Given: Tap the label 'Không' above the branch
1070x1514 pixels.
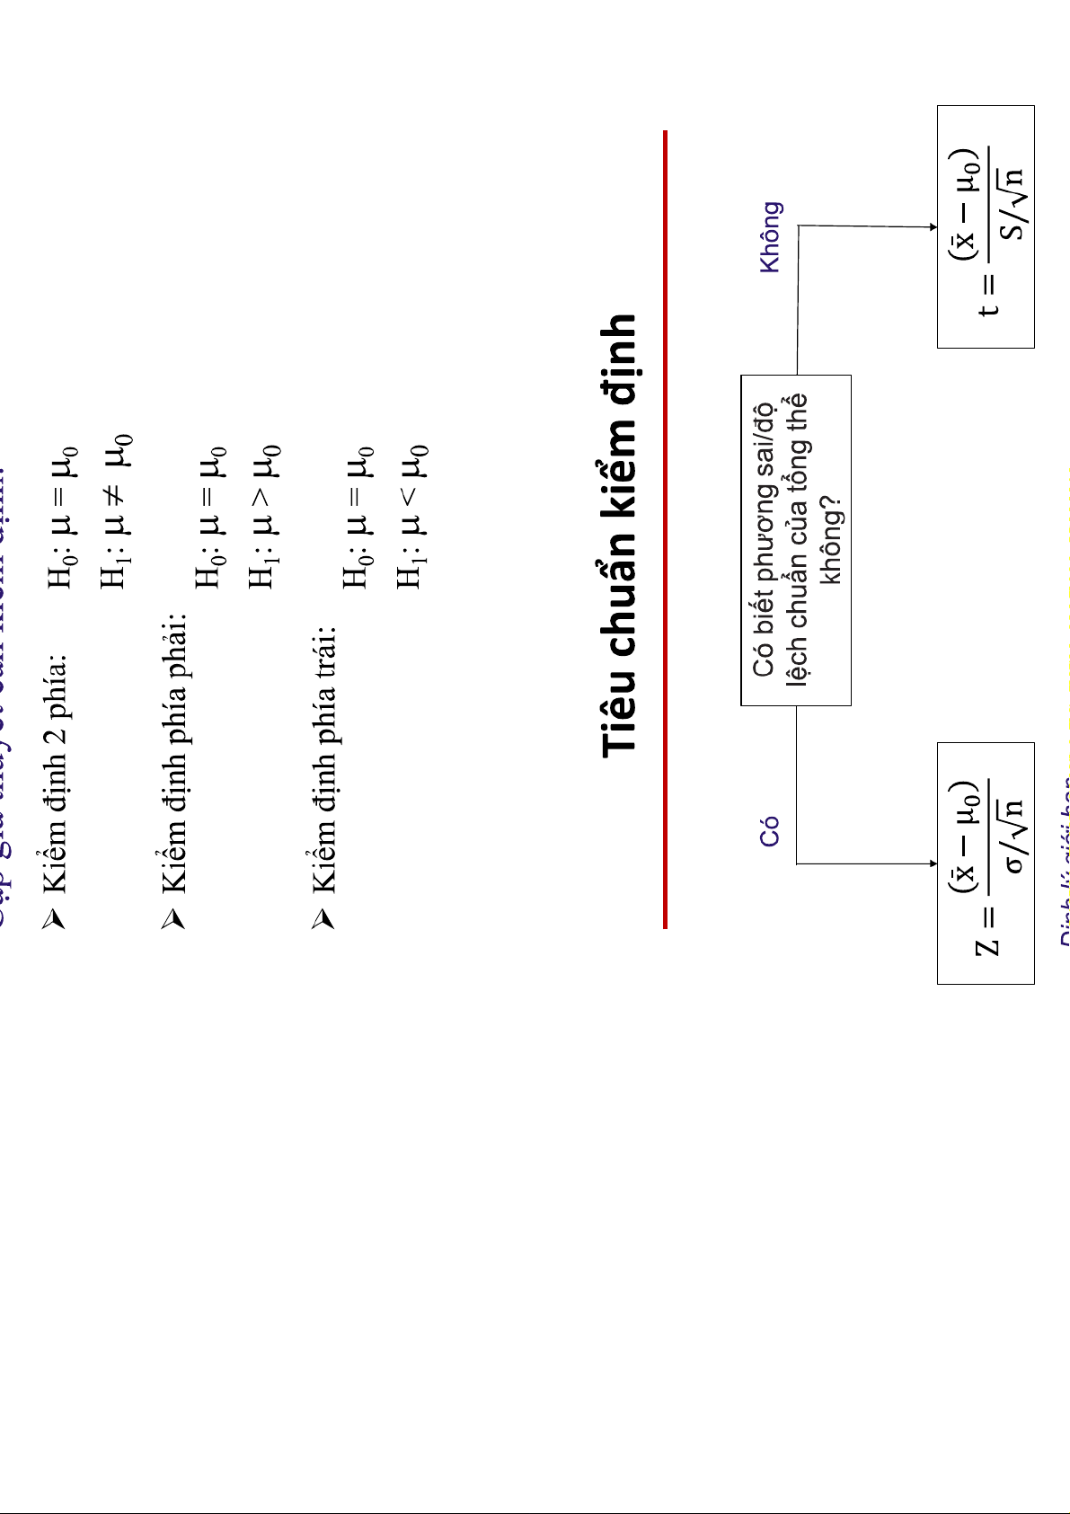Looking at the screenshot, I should pos(771,237).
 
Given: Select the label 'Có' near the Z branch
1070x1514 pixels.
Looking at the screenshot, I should pos(770,832).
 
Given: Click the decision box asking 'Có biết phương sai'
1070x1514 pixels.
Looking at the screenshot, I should pos(795,540).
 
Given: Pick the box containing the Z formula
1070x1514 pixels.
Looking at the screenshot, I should pos(986,863).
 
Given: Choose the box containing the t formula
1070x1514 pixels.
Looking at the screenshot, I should pos(986,226).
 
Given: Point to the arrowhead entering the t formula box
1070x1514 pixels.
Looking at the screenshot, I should pos(933,227).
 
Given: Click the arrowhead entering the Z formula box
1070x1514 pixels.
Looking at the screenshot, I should pos(933,863).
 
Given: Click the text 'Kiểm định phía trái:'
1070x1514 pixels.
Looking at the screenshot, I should pos(323,747).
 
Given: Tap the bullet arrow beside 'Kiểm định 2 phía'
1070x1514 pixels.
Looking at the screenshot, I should pos(56,918).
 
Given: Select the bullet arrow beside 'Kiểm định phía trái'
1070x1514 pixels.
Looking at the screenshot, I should pos(323,918).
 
